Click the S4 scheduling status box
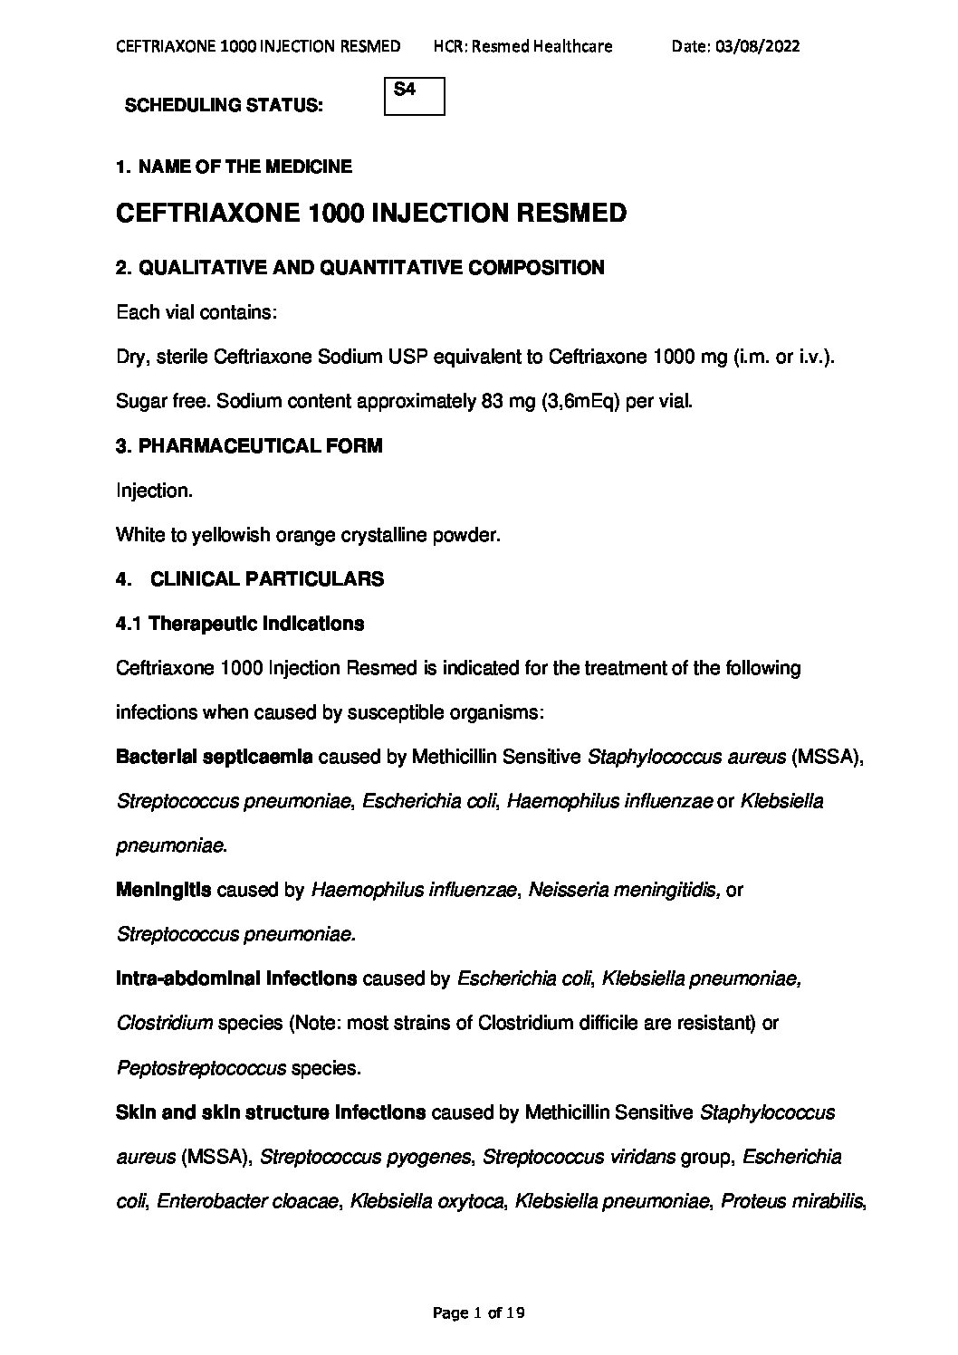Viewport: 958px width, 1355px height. [x=415, y=97]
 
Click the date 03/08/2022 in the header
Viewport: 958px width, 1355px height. [x=735, y=46]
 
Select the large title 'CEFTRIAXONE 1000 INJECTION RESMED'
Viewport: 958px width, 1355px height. [x=371, y=214]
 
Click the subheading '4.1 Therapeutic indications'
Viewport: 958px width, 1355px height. [x=240, y=624]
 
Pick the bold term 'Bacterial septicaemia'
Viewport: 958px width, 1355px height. [x=215, y=757]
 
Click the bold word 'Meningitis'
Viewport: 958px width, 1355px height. [x=163, y=890]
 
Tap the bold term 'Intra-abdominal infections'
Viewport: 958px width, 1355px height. [x=235, y=978]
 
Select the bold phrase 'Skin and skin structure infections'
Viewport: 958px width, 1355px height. [x=271, y=1112]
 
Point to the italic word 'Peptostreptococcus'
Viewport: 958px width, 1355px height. [x=201, y=1068]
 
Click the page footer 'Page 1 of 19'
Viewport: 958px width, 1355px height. [x=480, y=1312]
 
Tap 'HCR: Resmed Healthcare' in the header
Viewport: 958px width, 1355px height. [x=522, y=46]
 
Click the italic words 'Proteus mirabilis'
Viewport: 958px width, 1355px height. [x=792, y=1201]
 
